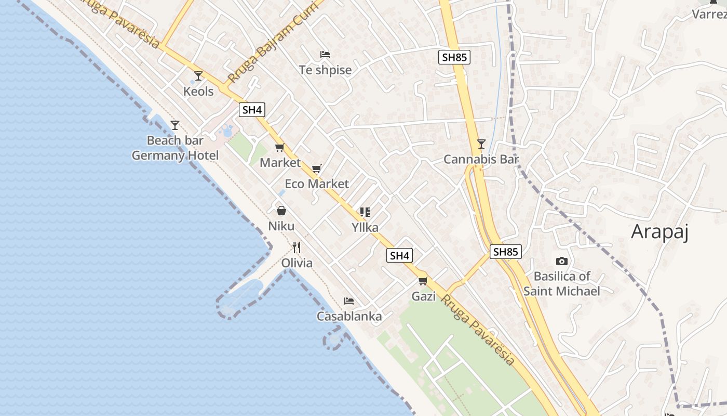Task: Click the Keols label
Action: [198, 92]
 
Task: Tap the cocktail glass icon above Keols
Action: [198, 76]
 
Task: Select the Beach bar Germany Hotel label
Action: [175, 148]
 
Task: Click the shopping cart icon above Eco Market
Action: [317, 169]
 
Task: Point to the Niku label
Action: [281, 226]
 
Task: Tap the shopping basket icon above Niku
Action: [281, 211]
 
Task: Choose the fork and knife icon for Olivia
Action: [297, 247]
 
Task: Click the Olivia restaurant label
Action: [297, 263]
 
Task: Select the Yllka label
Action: [365, 227]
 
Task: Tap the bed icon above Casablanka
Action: [349, 301]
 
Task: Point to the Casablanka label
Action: [349, 316]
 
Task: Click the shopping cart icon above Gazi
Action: [423, 281]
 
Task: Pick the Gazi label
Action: [423, 296]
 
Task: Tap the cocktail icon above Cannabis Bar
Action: [481, 144]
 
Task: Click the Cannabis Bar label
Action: [481, 160]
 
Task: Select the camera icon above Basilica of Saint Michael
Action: [561, 262]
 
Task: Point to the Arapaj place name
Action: [659, 232]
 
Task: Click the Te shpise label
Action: [325, 70]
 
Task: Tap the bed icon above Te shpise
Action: [325, 55]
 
